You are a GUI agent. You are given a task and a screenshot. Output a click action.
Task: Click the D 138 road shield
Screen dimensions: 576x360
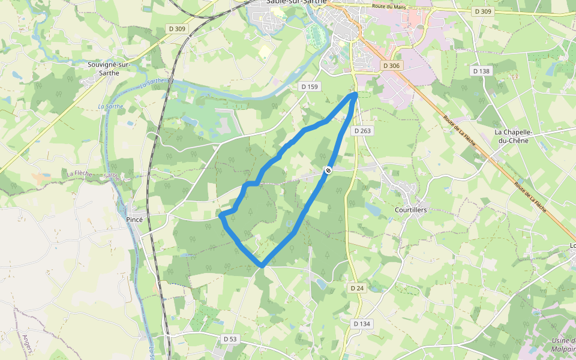481,71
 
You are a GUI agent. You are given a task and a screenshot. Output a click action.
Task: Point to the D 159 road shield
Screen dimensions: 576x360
310,87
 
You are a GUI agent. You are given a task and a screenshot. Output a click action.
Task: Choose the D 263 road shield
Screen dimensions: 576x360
362,131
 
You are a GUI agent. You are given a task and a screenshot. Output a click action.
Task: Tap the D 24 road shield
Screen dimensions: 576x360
356,288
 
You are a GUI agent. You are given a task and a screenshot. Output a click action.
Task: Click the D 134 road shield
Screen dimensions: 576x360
361,324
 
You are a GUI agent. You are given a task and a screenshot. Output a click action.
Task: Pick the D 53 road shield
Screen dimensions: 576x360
230,339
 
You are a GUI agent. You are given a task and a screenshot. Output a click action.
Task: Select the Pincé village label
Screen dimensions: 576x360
134,220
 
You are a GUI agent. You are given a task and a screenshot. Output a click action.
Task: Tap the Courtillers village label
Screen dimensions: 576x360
410,211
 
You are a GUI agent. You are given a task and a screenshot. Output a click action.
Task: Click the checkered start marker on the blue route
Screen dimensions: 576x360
328,170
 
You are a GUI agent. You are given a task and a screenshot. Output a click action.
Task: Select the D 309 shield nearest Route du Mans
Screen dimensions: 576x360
482,11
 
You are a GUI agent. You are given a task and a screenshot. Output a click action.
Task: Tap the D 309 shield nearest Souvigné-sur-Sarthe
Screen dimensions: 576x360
176,29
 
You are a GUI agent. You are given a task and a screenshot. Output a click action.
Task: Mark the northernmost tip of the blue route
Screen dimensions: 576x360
355,94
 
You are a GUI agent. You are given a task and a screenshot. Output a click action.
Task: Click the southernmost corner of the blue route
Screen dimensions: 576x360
262,265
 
